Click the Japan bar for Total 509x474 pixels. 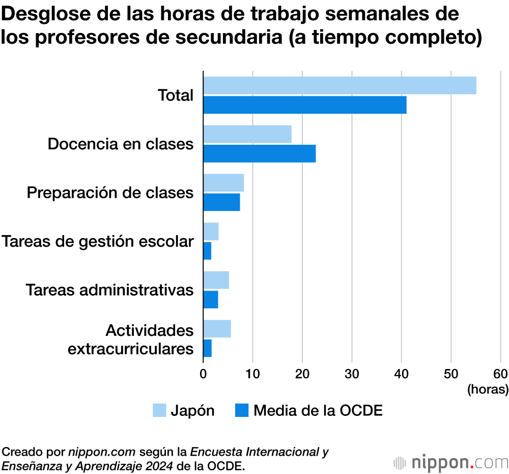pos(340,86)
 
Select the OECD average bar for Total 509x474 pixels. pos(305,105)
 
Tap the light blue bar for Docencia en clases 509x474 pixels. pos(247,134)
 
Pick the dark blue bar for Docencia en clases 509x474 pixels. pos(260,153)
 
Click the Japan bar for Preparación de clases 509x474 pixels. pos(223,183)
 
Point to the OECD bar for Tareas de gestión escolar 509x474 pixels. pos(207,251)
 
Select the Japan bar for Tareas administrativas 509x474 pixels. pos(216,280)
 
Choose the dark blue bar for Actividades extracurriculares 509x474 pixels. pos(208,349)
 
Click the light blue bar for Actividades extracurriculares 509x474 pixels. pos(217,329)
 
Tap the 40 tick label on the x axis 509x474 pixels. pos(402,373)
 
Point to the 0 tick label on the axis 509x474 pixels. pos(203,373)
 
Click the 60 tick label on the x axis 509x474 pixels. pos(500,373)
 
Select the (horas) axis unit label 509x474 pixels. pos(488,390)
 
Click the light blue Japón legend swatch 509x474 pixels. pos(159,410)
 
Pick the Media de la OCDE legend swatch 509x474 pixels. pos(242,410)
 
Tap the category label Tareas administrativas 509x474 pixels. pos(110,290)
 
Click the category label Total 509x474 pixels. pos(176,95)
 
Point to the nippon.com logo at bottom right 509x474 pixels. pos(451,463)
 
